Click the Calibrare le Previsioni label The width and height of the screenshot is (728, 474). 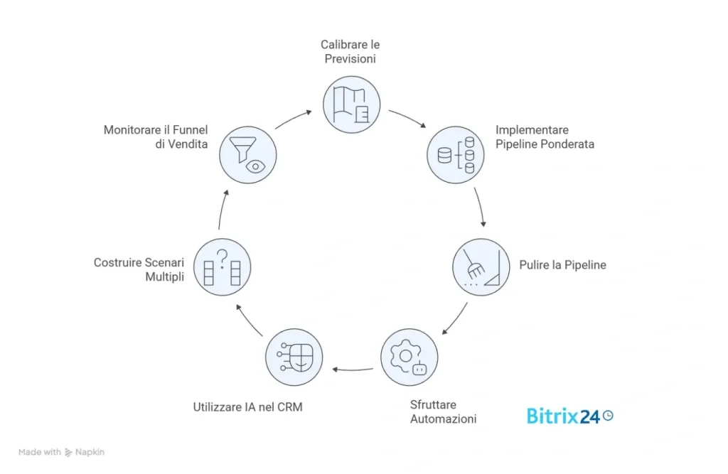pyautogui.click(x=350, y=52)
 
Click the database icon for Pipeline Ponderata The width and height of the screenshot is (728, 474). pyautogui.click(x=456, y=153)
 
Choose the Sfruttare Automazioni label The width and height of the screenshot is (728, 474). pyautogui.click(x=443, y=411)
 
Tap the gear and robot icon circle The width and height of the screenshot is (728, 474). pyautogui.click(x=409, y=357)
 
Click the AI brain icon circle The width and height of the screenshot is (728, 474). pyautogui.click(x=294, y=357)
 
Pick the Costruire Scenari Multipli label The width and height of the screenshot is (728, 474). pyautogui.click(x=139, y=269)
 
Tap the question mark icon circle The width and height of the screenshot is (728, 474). pyautogui.click(x=222, y=267)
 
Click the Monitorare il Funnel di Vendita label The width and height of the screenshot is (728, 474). pyautogui.click(x=156, y=136)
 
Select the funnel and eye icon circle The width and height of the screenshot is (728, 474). pyautogui.click(x=247, y=153)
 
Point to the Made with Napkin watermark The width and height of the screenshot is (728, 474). pyautogui.click(x=62, y=452)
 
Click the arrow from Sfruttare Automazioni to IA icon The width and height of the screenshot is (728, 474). pyautogui.click(x=353, y=369)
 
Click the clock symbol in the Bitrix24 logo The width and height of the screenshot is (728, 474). pyautogui.click(x=608, y=416)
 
